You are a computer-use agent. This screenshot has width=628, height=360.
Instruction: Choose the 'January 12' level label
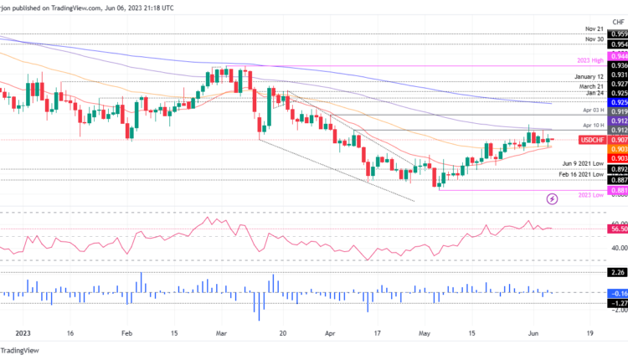point(584,76)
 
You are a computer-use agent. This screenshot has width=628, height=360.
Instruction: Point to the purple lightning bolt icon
point(552,198)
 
